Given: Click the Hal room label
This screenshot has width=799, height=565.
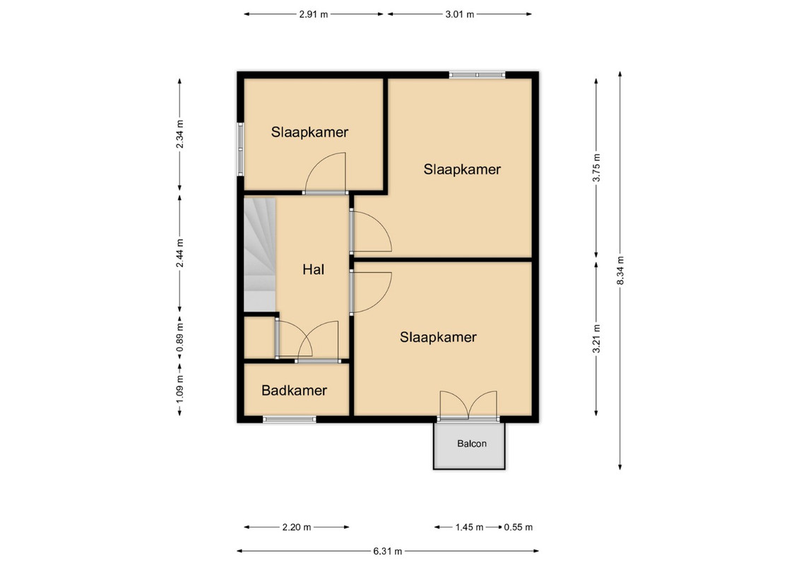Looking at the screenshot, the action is (x=313, y=270).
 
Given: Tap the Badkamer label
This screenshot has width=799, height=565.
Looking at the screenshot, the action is (x=294, y=391).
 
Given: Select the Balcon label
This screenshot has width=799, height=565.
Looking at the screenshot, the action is (x=471, y=444).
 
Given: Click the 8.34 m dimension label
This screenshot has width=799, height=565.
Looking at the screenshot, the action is (x=620, y=270).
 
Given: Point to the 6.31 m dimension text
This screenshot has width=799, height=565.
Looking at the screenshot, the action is (x=388, y=551).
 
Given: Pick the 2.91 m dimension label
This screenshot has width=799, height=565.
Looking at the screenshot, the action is (x=314, y=14).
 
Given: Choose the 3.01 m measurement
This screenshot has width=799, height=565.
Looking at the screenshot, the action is (x=460, y=14).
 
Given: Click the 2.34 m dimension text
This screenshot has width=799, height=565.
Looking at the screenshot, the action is (x=179, y=134).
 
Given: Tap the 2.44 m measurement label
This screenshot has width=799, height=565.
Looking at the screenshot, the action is (x=179, y=253).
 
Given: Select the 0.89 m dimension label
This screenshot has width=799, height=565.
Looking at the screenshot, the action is (x=179, y=338).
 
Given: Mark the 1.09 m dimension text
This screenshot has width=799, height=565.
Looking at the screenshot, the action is (x=179, y=389).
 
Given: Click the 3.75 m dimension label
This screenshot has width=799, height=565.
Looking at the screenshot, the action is (x=596, y=167).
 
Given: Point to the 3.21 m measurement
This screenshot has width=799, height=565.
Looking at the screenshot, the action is (x=596, y=338).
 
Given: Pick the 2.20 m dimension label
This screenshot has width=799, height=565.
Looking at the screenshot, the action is (x=297, y=528).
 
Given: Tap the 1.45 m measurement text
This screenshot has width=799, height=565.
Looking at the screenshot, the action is (x=469, y=528).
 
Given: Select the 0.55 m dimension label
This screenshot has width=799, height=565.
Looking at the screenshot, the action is (x=519, y=528).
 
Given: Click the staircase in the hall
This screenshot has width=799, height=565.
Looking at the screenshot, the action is (x=259, y=254).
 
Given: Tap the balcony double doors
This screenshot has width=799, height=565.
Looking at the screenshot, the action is (x=468, y=406).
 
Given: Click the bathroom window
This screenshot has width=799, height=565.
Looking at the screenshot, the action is (x=290, y=420).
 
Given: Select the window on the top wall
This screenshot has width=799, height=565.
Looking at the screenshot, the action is (x=477, y=75).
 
